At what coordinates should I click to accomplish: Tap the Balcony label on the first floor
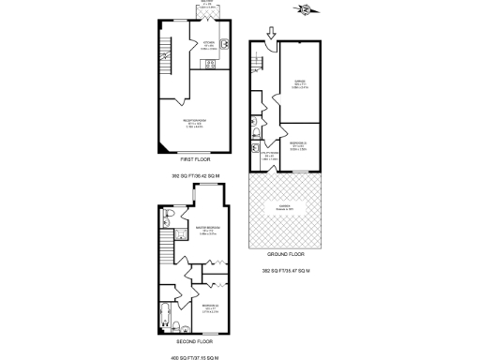(206, 7)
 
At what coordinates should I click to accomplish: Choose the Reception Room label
(194, 121)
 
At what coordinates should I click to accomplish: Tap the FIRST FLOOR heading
(194, 161)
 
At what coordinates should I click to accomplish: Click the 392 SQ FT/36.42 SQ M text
(194, 175)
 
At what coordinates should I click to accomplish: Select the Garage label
(300, 83)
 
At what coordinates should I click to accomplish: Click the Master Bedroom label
(207, 229)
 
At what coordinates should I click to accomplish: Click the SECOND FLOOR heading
(194, 343)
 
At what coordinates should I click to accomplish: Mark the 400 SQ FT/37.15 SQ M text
(194, 356)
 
